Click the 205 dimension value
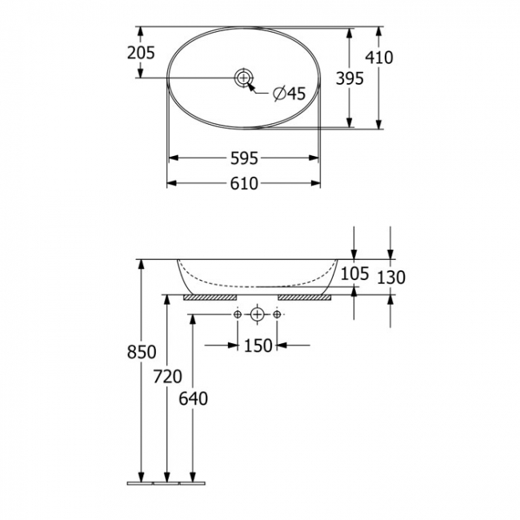[142, 53]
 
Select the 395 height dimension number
[350, 78]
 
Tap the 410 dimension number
[378, 58]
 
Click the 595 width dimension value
[243, 158]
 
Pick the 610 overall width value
[243, 184]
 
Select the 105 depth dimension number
[354, 274]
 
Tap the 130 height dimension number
[390, 278]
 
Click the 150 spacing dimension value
[258, 346]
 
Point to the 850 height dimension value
[142, 353]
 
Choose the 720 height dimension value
[167, 376]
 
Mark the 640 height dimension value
[193, 398]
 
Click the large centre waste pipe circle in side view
[257, 315]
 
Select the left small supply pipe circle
[238, 315]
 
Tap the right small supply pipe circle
[277, 315]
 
